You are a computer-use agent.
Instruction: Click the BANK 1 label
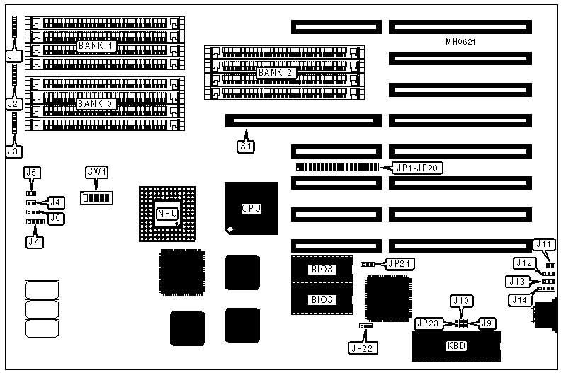(97, 46)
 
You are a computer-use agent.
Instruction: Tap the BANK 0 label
(97, 103)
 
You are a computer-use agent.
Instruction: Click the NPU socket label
(166, 212)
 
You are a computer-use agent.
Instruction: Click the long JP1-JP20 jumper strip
(336, 168)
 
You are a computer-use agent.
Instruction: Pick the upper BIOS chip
(322, 269)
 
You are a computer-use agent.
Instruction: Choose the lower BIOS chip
(322, 299)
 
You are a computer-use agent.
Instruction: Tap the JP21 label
(397, 263)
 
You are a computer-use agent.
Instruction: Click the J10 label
(460, 302)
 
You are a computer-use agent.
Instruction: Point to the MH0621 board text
(460, 42)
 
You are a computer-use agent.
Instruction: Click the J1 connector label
(12, 54)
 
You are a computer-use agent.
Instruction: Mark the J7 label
(33, 241)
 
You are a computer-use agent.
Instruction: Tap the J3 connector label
(12, 149)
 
